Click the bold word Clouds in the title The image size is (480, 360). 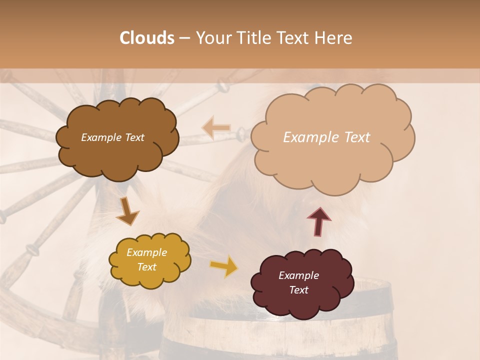147,38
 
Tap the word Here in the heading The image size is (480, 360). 334,38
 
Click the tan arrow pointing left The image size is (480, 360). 216,127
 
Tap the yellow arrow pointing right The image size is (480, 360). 224,266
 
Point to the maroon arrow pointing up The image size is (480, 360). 318,221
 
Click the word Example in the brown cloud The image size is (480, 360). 101,137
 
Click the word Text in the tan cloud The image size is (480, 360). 353,137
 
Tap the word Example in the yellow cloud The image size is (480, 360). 146,252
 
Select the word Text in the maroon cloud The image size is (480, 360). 298,290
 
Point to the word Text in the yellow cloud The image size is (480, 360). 146,267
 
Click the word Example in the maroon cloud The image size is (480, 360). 298,275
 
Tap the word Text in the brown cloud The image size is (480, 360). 134,137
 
